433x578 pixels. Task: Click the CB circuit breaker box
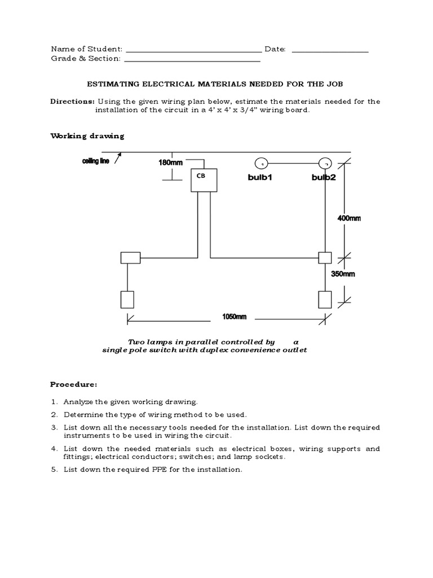coord(203,180)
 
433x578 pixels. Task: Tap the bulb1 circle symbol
coord(261,164)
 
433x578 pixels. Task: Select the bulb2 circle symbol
coord(324,164)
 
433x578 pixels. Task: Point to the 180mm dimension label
coord(171,163)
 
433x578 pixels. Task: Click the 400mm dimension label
coord(349,218)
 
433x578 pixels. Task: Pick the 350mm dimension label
coord(343,274)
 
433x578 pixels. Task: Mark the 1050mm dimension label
coord(234,317)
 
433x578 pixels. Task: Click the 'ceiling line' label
coord(96,161)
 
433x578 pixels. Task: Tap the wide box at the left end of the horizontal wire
coord(130,258)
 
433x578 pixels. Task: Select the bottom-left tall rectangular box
coord(127,299)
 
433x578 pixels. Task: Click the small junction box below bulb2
coord(325,257)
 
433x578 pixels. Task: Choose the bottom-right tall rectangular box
coord(325,299)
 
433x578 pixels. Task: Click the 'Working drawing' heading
coord(87,136)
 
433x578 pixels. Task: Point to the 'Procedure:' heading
coord(74,384)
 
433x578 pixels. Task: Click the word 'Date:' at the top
coord(275,50)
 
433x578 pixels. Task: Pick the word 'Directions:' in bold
coord(73,102)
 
